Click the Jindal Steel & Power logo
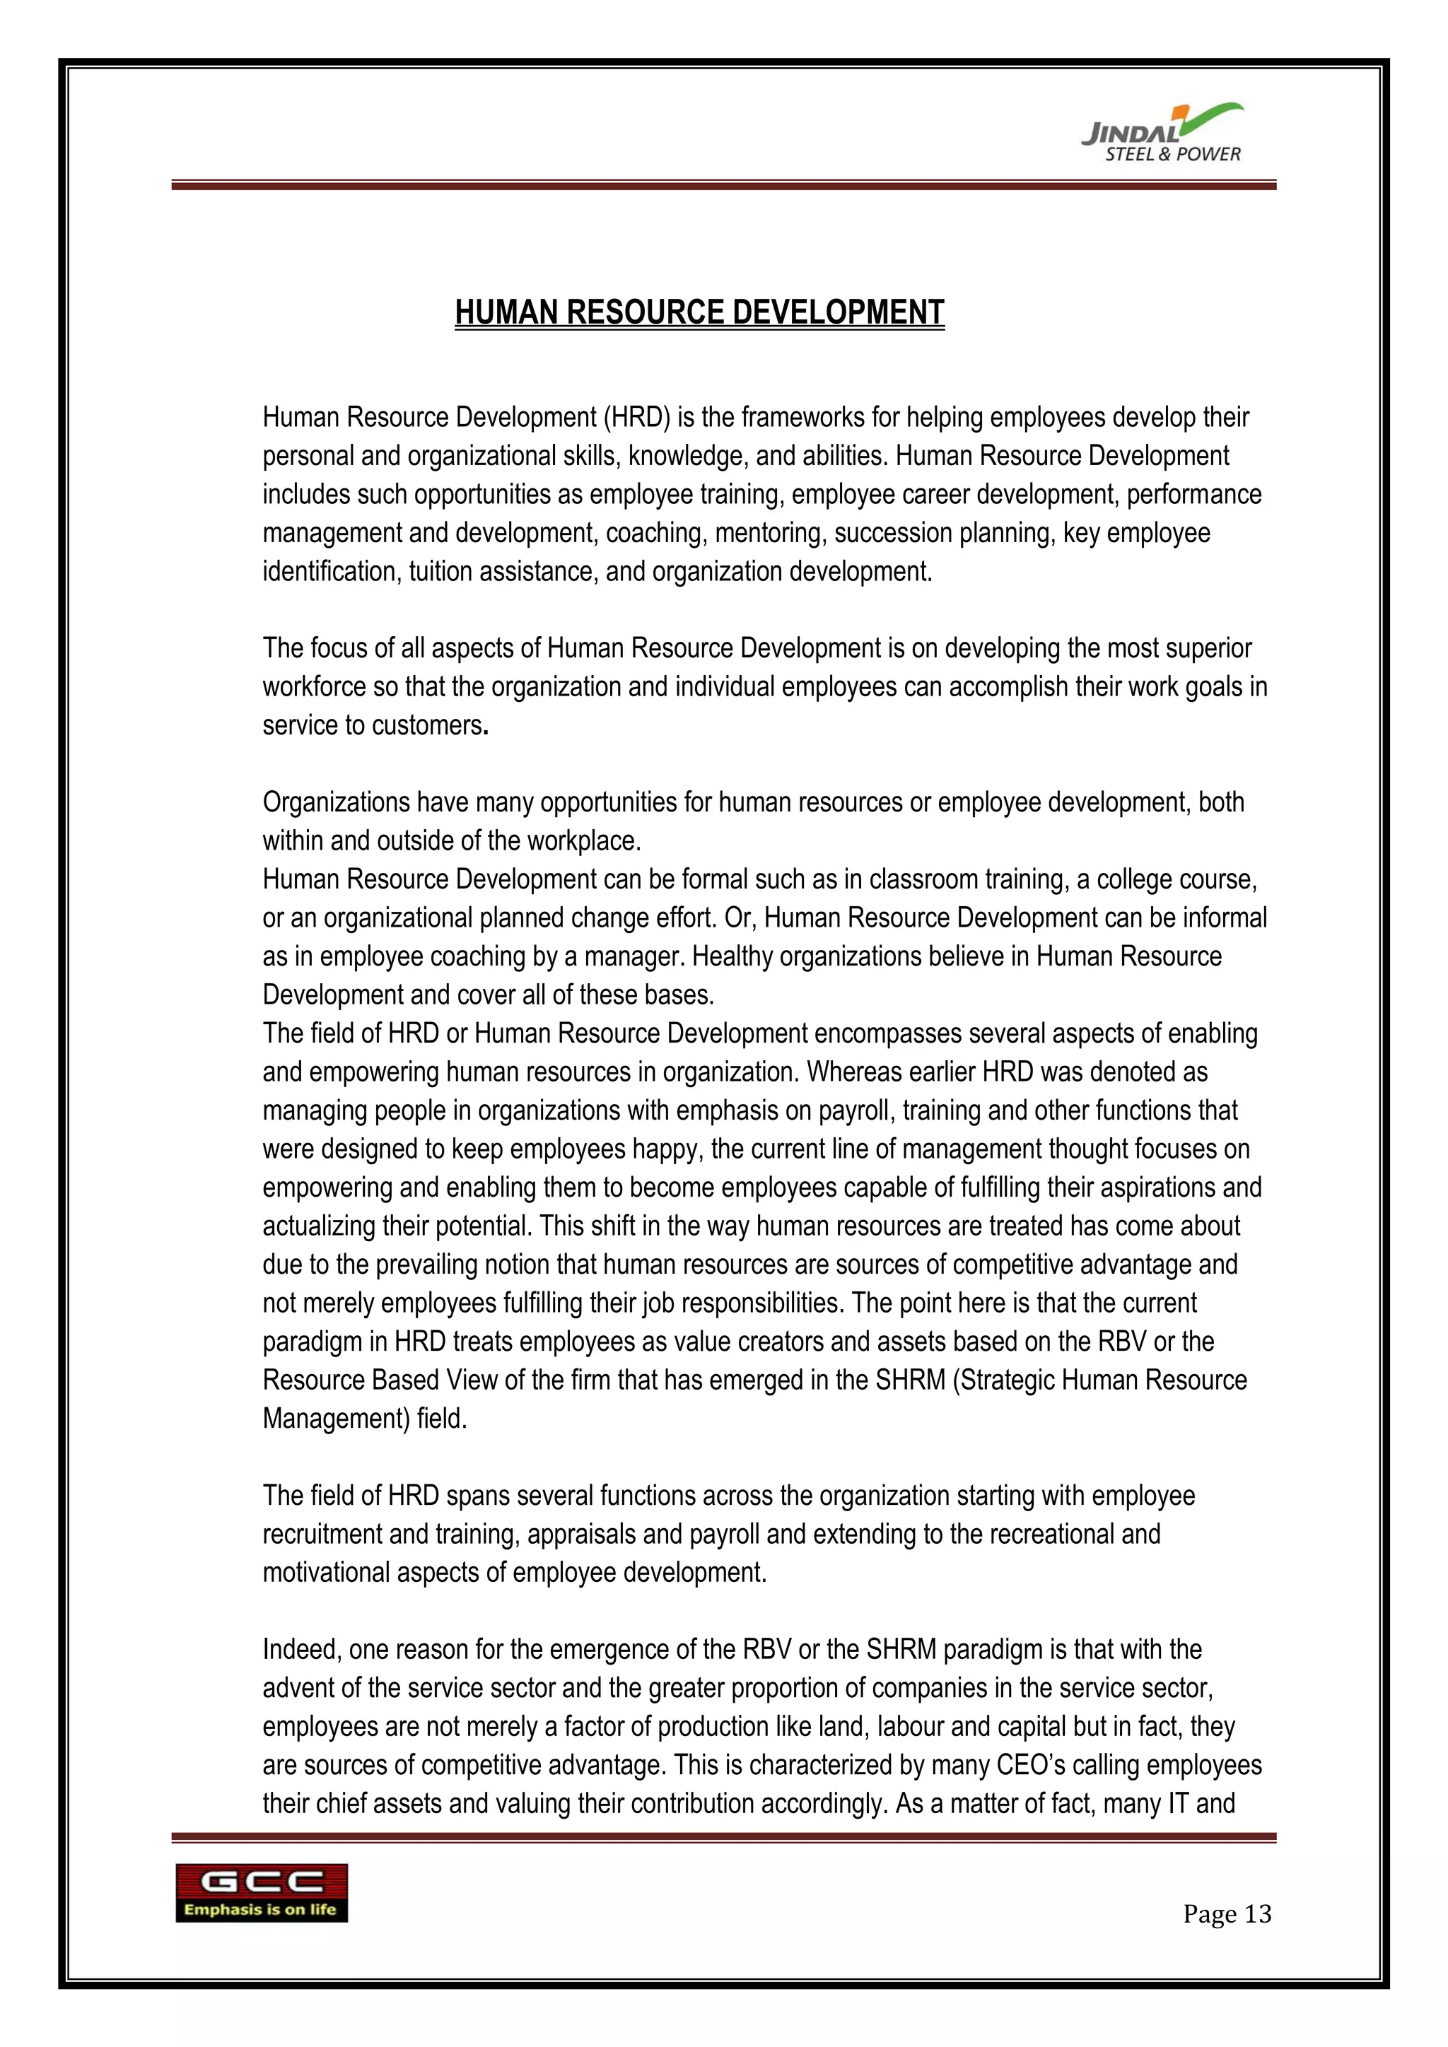pyautogui.click(x=1162, y=134)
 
